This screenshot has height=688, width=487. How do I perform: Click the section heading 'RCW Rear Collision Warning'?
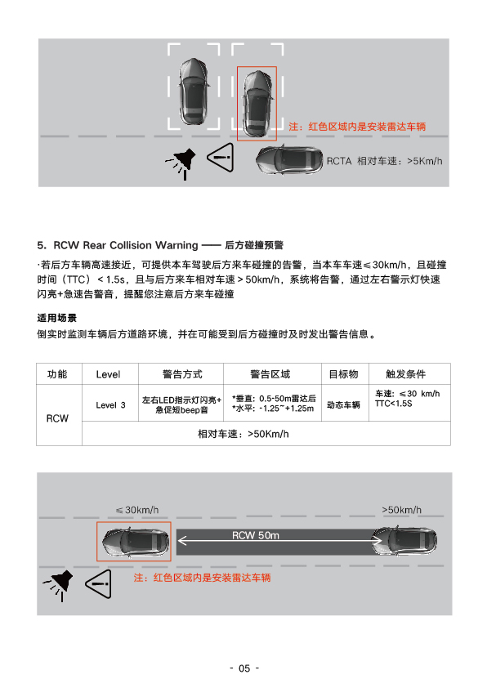(x=126, y=245)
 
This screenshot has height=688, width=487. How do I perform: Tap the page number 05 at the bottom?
(x=244, y=668)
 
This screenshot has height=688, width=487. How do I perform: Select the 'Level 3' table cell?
(x=110, y=405)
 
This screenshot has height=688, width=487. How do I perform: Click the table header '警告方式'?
(x=182, y=374)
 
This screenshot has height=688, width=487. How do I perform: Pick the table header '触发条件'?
(x=405, y=374)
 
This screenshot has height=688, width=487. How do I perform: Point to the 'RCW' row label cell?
(x=57, y=418)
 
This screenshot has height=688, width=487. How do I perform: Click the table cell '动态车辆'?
(x=343, y=405)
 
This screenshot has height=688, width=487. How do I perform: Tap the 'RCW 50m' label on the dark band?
(x=255, y=535)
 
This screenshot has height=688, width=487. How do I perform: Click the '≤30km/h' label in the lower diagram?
(x=137, y=510)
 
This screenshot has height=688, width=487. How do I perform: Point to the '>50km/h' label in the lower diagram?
(x=401, y=510)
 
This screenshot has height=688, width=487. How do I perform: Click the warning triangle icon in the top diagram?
(x=221, y=157)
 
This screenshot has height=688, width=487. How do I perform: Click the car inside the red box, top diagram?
(x=257, y=104)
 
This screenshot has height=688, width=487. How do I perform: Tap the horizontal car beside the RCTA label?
(x=289, y=161)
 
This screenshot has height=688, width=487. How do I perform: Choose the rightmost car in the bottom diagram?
(x=404, y=541)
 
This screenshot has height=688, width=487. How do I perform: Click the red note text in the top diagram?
(x=357, y=127)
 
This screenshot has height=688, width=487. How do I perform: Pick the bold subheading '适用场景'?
(x=56, y=318)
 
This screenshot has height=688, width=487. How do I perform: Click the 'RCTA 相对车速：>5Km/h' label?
(x=384, y=162)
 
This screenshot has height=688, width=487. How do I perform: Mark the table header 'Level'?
(x=108, y=374)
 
